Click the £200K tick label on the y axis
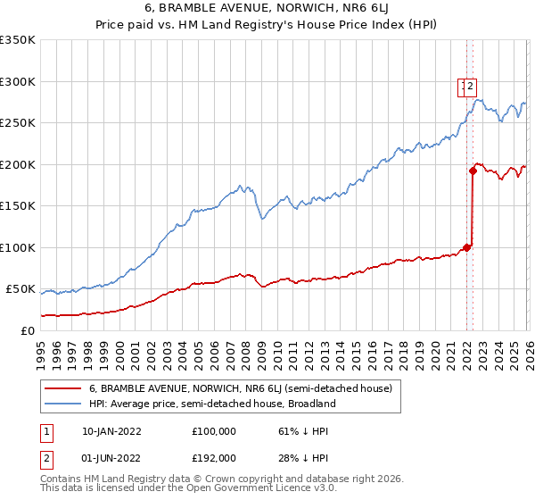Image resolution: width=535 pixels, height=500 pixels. pos(17,164)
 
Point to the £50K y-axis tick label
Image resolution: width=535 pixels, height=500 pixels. pos(20,289)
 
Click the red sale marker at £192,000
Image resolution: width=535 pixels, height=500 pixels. pos(473,171)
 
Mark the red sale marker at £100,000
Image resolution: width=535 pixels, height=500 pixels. pos(466,247)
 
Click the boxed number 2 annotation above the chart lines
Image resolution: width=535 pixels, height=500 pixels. pos(472,87)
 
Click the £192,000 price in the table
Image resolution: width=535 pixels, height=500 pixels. pos(214,457)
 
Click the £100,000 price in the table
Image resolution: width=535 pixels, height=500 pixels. pos(214,430)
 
